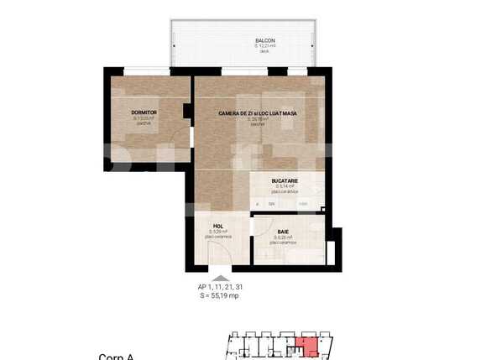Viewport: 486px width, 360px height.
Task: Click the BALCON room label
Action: (x=265, y=40)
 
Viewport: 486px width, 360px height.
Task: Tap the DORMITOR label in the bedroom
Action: (x=144, y=112)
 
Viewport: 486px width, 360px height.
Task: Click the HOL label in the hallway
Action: (x=217, y=226)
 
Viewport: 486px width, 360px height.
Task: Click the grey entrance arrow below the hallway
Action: (x=219, y=279)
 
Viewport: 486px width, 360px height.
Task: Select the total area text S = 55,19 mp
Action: (x=219, y=295)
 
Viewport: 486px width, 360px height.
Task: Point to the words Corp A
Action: (x=117, y=357)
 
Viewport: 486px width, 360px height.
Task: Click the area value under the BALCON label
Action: (x=265, y=46)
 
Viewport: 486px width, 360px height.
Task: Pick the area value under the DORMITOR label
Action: (x=144, y=118)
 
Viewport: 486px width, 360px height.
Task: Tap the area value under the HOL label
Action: (x=217, y=232)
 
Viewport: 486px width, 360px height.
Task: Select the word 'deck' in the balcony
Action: (x=265, y=51)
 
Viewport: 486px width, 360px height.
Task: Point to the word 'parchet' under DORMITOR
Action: (x=144, y=123)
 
